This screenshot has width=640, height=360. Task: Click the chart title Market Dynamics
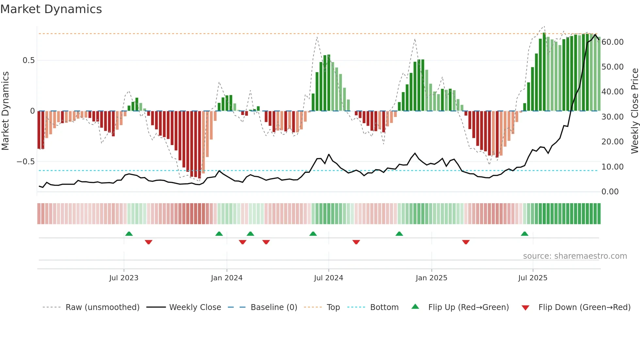[51, 9]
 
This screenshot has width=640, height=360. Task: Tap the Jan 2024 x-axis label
[227, 278]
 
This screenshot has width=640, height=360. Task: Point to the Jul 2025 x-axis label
[533, 278]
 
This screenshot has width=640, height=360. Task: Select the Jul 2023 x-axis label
[124, 278]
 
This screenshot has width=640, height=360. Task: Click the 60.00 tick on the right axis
[613, 42]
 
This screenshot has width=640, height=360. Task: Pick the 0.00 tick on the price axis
[610, 192]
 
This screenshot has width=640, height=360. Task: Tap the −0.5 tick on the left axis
[25, 162]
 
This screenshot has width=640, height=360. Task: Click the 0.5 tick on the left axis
[28, 60]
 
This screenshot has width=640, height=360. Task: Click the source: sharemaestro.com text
[575, 256]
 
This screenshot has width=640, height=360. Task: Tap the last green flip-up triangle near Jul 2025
[524, 234]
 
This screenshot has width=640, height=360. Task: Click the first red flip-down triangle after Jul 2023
[149, 242]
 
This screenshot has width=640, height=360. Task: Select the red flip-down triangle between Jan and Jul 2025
[466, 242]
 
